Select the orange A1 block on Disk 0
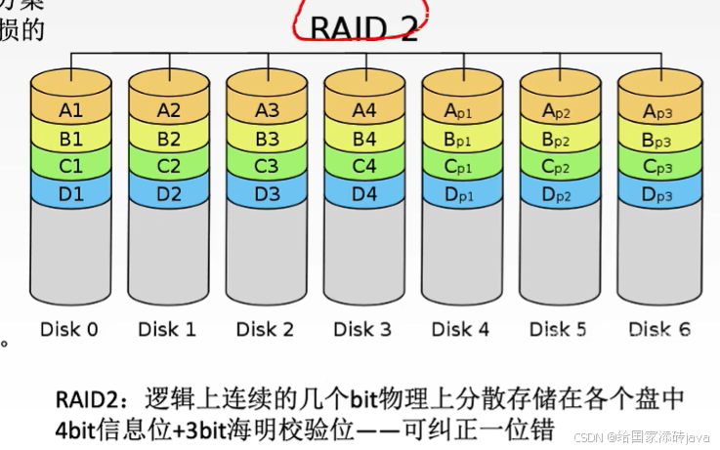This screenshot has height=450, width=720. coord(70,110)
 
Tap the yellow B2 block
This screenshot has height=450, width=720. coord(168,138)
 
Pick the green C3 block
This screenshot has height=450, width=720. coord(266,165)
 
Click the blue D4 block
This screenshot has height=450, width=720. coord(363,192)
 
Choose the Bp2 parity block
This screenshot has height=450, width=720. coord(559,139)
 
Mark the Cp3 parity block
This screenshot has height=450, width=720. coord(656,166)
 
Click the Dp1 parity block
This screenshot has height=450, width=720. coord(461,193)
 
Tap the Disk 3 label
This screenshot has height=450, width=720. coord(362,329)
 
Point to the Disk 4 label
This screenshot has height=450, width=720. coord(460,329)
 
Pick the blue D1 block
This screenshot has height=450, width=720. coord(70,192)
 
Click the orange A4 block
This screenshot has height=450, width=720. coord(363,110)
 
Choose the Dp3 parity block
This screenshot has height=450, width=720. coord(656,193)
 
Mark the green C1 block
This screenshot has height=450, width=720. coord(70,165)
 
